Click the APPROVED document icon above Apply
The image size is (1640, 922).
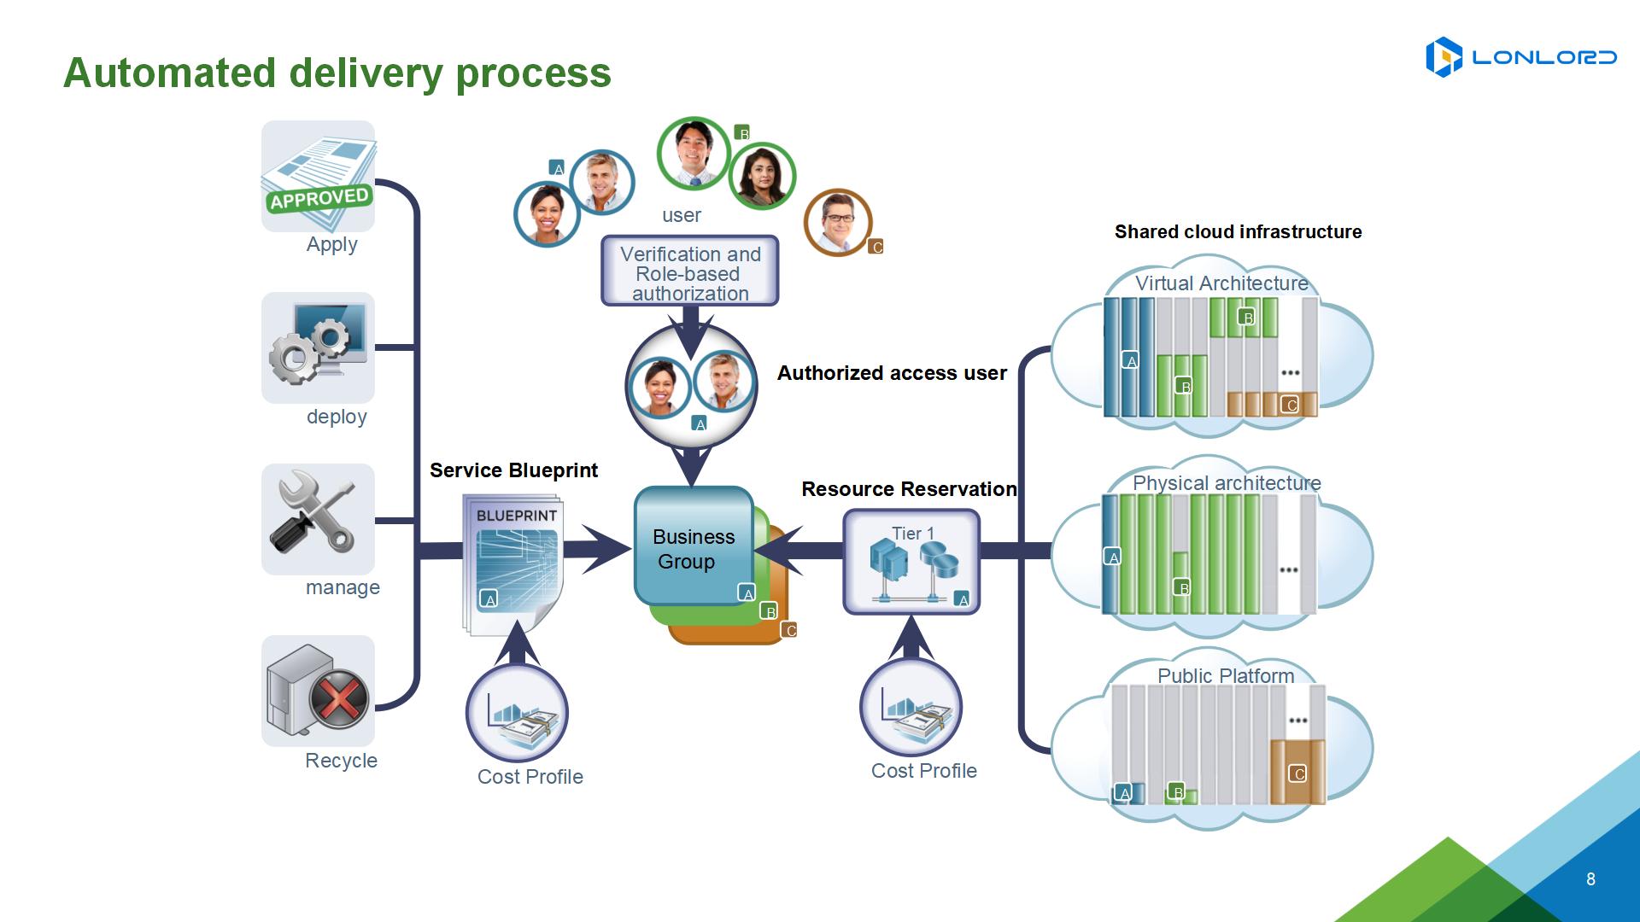click(x=318, y=176)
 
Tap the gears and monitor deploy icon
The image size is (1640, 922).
click(x=318, y=347)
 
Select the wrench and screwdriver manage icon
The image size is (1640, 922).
click(x=318, y=519)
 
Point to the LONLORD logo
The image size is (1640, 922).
click(x=1520, y=57)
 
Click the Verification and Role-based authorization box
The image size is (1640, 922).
click(x=690, y=271)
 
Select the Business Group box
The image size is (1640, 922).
click(x=694, y=546)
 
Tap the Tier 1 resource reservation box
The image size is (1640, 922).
click(x=911, y=562)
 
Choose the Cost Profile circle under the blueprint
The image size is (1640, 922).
click(x=517, y=713)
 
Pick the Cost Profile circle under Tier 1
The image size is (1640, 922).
click(x=911, y=707)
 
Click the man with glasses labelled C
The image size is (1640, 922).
click(x=838, y=222)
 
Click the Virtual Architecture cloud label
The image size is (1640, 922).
click(x=1221, y=283)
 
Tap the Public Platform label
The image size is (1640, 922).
click(x=1226, y=676)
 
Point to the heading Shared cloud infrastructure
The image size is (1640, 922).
click(x=1238, y=231)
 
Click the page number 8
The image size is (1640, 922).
click(x=1590, y=879)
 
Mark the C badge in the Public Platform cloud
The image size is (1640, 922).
click(x=1298, y=774)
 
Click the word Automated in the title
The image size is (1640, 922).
click(x=169, y=73)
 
